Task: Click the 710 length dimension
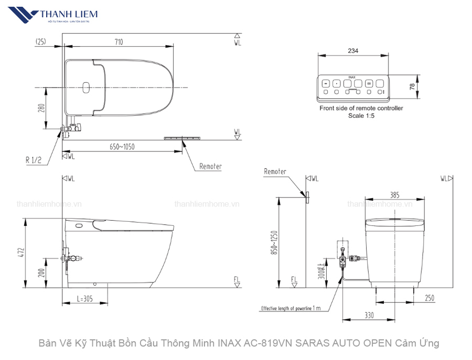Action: point(119,42)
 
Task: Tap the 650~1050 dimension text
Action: point(122,147)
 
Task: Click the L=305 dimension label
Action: point(85,299)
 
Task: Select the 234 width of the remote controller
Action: point(353,51)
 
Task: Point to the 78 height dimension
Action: point(412,86)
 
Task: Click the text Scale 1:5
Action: point(361,116)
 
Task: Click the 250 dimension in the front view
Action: point(430,298)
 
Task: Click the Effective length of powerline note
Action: point(291,308)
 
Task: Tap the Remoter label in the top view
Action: point(210,167)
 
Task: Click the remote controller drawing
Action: point(353,87)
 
